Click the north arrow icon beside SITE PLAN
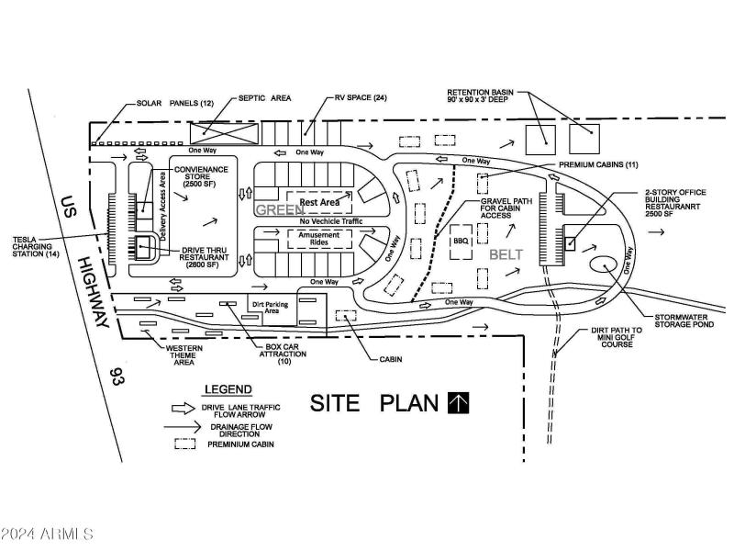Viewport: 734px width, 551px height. point(458,403)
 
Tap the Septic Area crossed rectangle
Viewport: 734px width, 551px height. point(224,133)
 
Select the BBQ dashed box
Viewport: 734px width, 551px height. point(462,242)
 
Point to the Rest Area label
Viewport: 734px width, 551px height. point(319,202)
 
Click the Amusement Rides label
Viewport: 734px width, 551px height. point(318,239)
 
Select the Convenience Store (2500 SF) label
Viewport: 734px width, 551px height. point(201,176)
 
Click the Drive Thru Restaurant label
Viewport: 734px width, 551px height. point(204,257)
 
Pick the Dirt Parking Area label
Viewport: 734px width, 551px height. point(270,308)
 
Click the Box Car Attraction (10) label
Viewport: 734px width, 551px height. point(283,354)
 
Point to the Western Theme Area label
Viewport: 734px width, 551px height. point(184,355)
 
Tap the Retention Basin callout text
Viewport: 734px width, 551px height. point(480,96)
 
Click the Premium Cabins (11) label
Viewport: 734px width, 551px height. point(598,165)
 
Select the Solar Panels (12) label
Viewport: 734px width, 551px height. point(174,103)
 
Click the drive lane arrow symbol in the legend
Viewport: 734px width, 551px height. point(183,408)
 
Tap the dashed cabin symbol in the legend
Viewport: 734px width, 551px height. point(185,444)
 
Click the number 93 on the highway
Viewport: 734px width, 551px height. point(117,377)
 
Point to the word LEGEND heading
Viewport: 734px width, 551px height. point(228,389)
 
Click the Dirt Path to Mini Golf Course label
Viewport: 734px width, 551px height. point(617,337)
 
